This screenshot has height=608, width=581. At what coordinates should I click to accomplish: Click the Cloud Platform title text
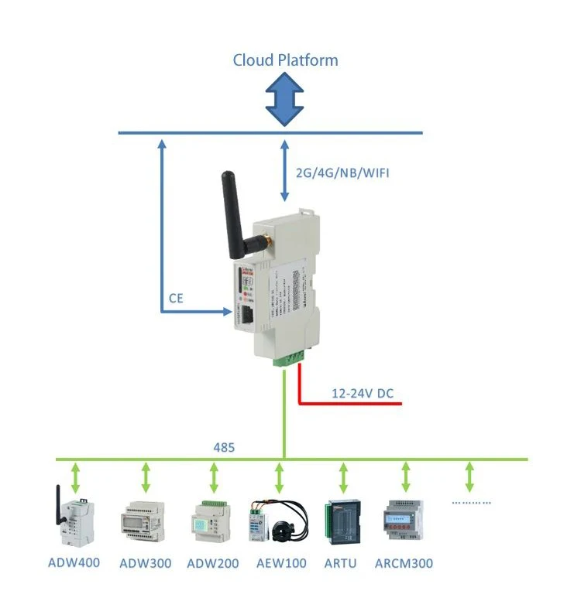[285, 60]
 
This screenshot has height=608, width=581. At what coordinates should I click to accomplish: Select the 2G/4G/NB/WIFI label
[342, 172]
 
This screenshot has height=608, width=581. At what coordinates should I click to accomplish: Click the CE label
[176, 297]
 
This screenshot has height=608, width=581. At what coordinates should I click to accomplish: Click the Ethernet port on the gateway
[246, 314]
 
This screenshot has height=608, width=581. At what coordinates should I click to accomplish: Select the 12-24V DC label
[363, 394]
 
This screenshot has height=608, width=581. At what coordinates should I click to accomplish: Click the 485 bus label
[224, 447]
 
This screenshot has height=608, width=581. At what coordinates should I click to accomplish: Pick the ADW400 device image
[75, 517]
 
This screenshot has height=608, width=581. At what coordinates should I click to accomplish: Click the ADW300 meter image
[144, 519]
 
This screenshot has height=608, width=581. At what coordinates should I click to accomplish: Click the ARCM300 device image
[404, 517]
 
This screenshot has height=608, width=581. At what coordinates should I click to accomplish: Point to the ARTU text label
[341, 563]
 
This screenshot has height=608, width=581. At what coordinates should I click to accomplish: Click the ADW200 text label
[213, 563]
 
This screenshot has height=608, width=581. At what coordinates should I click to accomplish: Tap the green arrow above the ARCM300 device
[404, 477]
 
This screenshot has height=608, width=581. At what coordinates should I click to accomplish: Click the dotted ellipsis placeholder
[471, 502]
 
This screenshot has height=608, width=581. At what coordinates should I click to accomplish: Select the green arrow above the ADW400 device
[76, 477]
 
